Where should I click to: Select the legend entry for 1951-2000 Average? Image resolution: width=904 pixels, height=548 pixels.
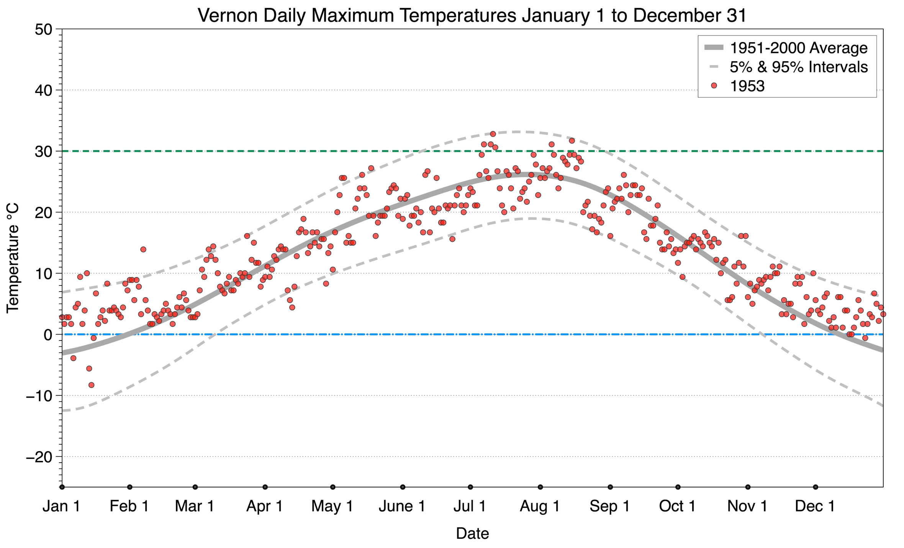[798, 48]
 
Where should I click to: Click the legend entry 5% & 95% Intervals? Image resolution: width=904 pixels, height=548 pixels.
[798, 67]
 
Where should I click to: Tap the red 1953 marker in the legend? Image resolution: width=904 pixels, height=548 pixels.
[714, 86]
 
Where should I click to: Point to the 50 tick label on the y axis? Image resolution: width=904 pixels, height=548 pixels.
[43, 29]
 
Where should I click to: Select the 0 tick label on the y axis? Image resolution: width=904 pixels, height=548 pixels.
[48, 335]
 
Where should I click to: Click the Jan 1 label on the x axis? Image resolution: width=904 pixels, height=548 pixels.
[61, 506]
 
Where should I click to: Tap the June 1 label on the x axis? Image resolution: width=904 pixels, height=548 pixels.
[402, 506]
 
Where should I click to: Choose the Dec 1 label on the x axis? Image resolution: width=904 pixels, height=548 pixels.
[815, 506]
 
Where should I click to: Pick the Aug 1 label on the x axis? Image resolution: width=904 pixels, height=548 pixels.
[539, 506]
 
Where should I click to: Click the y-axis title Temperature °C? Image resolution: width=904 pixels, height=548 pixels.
[13, 258]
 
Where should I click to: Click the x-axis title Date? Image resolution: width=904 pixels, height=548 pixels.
[472, 533]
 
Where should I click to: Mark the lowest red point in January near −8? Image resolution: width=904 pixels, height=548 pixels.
[91, 385]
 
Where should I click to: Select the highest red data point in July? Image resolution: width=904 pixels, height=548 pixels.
[493, 134]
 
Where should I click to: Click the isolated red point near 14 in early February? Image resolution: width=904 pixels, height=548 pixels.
[143, 250]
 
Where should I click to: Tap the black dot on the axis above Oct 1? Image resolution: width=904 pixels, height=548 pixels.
[678, 487]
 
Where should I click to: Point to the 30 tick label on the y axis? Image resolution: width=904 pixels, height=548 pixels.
[43, 152]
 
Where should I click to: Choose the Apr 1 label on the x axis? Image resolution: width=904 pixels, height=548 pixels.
[264, 506]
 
